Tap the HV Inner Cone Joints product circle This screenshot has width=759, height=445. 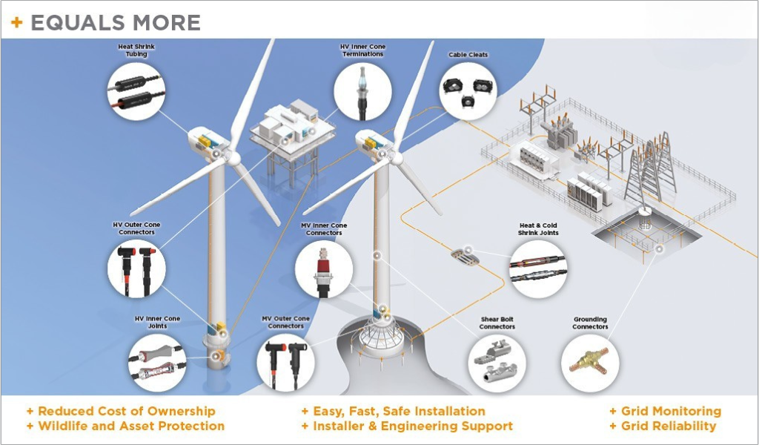[x=156, y=360]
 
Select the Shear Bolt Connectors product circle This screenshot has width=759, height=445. [x=497, y=363]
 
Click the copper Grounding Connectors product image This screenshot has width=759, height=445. [x=589, y=361]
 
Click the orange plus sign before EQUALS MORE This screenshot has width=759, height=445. [x=16, y=23]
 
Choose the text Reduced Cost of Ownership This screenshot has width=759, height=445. [x=126, y=411]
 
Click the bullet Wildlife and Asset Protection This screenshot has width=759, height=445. [x=130, y=426]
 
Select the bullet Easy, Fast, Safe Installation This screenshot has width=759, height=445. [x=398, y=411]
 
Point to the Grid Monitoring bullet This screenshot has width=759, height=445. [x=670, y=411]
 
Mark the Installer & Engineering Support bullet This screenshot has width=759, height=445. [x=412, y=426]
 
